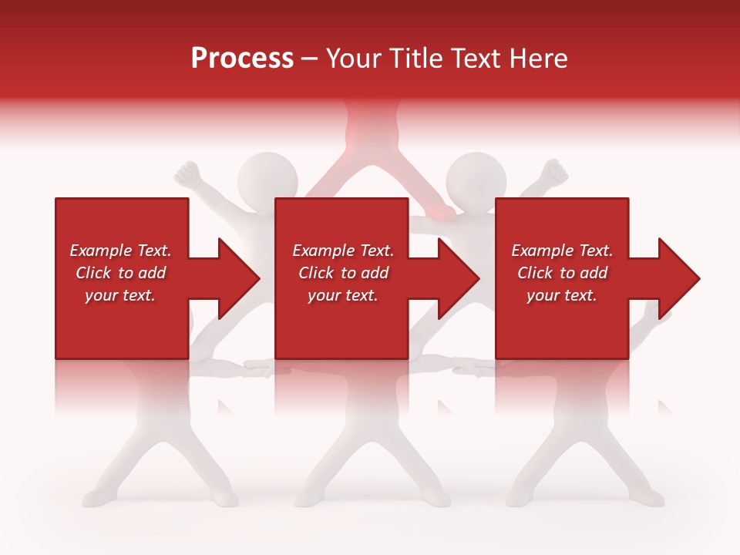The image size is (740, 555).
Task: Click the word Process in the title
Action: pyautogui.click(x=242, y=59)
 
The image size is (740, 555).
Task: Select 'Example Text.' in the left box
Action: pyautogui.click(x=120, y=251)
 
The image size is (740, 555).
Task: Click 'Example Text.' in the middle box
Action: pyautogui.click(x=343, y=251)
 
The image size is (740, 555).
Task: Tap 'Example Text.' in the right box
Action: pyautogui.click(x=562, y=251)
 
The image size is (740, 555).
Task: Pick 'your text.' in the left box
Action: pyautogui.click(x=120, y=295)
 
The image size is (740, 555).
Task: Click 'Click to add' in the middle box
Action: pyautogui.click(x=343, y=273)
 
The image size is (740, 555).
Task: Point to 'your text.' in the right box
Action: pyautogui.click(x=562, y=295)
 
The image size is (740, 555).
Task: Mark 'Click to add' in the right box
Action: pyautogui.click(x=562, y=273)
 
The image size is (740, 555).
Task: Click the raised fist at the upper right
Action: pyautogui.click(x=552, y=174)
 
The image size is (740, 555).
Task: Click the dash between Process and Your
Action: pyautogui.click(x=309, y=59)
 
